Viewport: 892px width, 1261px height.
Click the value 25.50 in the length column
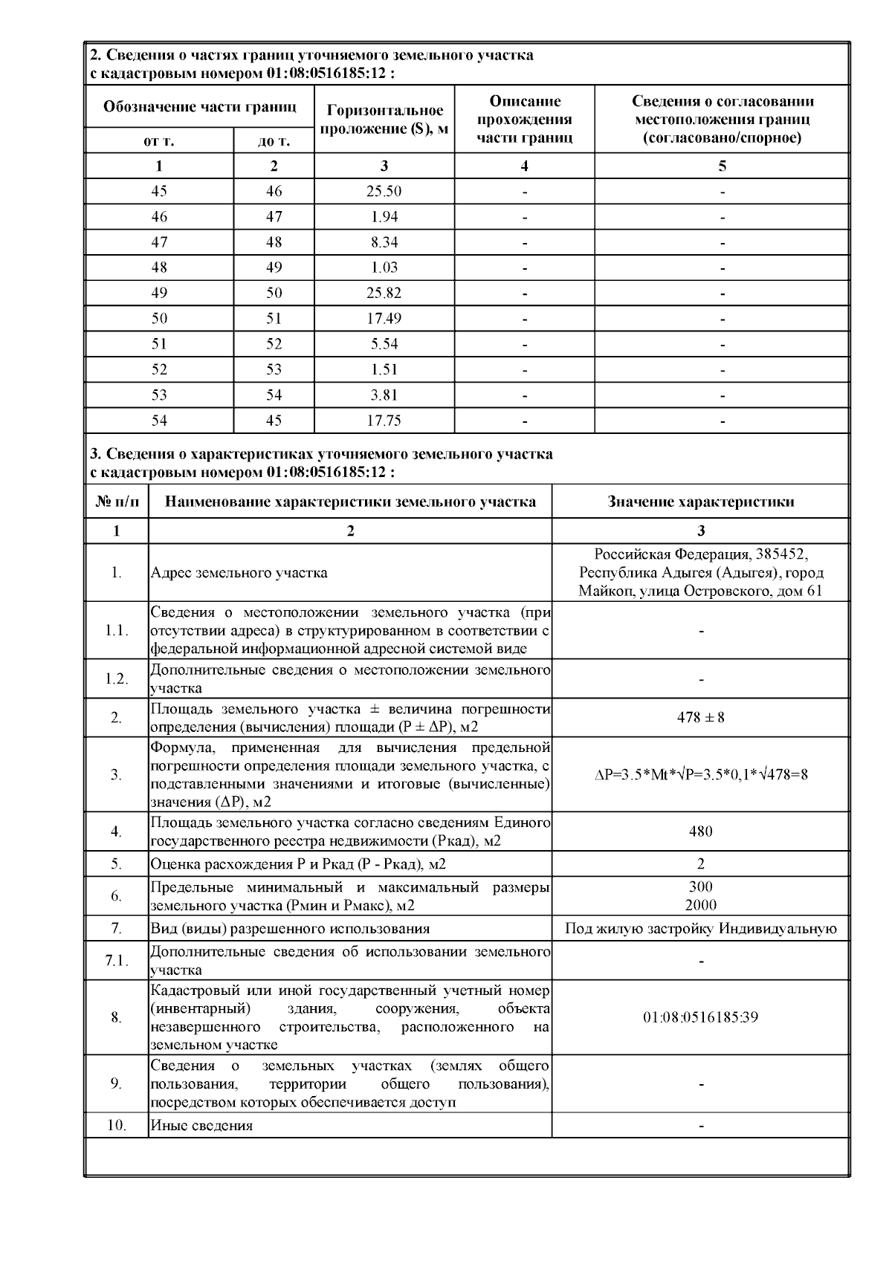pos(384,192)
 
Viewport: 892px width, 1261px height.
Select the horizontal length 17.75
pos(384,421)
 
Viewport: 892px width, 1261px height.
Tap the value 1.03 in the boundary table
pos(384,268)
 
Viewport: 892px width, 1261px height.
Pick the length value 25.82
pos(384,293)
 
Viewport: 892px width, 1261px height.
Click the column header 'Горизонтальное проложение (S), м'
pos(384,119)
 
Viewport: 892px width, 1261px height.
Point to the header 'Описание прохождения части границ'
pos(524,119)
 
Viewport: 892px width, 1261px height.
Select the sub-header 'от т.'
pos(159,141)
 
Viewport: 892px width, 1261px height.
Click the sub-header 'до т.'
pos(274,141)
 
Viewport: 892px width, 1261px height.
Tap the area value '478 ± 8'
pos(700,718)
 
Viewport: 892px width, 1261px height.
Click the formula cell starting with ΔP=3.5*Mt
pos(700,775)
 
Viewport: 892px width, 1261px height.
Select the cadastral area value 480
pos(700,832)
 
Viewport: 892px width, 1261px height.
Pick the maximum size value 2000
pos(700,905)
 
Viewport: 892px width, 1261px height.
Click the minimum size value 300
pos(700,886)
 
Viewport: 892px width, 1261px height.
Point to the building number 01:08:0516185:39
pos(700,1017)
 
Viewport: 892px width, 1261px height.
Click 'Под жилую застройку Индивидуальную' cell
pos(700,929)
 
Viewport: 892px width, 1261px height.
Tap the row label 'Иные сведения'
pos(201,1126)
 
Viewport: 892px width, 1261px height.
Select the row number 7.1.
pos(117,962)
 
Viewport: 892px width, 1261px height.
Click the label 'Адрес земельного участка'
pos(239,573)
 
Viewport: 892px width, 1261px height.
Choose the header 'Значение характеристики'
pos(700,502)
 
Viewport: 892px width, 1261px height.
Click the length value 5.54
pos(384,344)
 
